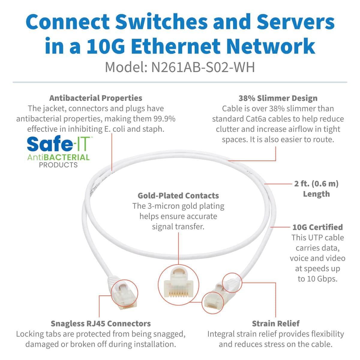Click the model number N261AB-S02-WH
(x=203, y=67)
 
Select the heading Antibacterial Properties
(x=96, y=98)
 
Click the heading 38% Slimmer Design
(x=278, y=98)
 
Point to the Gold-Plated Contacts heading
(x=178, y=196)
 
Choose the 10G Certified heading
(x=317, y=227)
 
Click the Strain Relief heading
(x=275, y=323)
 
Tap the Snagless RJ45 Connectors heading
(x=100, y=323)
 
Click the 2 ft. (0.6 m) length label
(x=316, y=188)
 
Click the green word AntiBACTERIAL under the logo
(x=58, y=157)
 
